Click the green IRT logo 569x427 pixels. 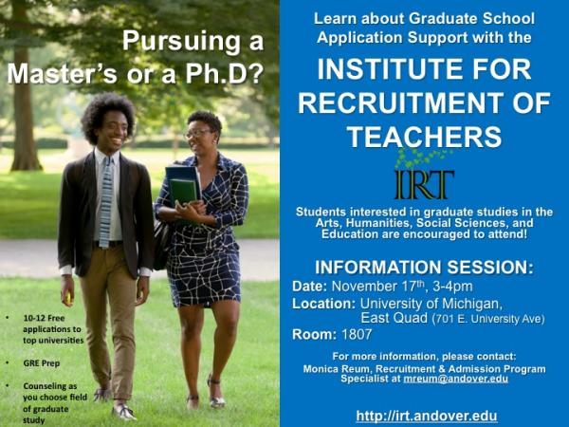coord(424,176)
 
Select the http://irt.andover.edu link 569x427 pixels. coord(427,416)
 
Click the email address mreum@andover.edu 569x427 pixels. coord(456,379)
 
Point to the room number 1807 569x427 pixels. coord(357,334)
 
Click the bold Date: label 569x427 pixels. coord(309,287)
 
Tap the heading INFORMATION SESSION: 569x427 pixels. coord(424,267)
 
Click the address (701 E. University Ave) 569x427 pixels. coord(488,319)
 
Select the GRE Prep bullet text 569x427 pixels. coord(42,363)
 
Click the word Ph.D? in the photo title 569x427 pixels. coord(224,74)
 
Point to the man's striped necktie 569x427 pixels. coord(105,202)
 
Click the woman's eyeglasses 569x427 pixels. coord(197,134)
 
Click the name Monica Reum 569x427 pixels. coord(337,368)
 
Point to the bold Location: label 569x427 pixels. coord(323,304)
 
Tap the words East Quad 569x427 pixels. coord(394,319)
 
